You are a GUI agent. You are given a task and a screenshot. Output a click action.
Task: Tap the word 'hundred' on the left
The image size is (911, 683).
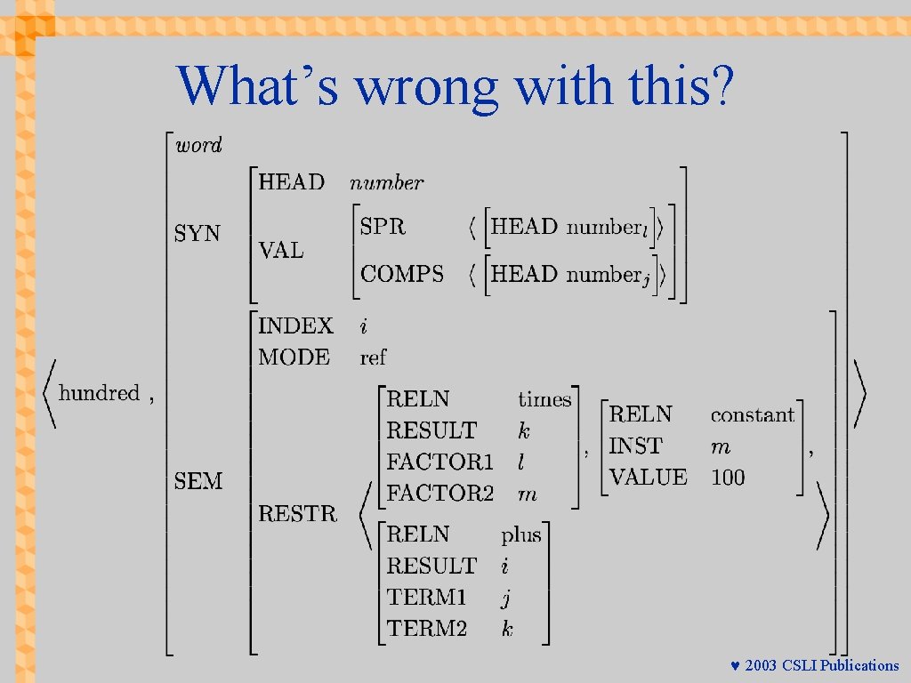point(99,393)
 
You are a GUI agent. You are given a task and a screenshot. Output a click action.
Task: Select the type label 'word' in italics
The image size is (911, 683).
point(198,146)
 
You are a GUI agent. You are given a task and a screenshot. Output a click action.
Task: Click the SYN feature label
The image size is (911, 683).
point(198,233)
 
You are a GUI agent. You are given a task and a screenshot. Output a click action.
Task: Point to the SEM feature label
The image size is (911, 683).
point(198,481)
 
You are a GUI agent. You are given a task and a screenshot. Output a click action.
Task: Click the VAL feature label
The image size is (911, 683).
point(281,251)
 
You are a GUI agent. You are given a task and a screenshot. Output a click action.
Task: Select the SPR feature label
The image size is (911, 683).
point(383,227)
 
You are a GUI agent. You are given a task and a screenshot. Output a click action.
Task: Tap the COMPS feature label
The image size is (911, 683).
point(402,274)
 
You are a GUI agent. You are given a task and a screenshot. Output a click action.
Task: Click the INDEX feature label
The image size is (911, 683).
point(295,326)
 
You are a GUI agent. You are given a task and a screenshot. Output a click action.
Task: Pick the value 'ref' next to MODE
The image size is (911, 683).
point(373,358)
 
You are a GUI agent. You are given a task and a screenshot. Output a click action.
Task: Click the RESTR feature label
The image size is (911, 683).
point(298,513)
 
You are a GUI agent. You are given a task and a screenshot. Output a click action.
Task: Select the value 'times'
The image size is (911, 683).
point(544,399)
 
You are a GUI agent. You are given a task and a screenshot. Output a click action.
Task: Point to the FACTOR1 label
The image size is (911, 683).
point(439,462)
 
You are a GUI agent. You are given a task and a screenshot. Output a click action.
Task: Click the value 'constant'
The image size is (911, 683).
point(752,414)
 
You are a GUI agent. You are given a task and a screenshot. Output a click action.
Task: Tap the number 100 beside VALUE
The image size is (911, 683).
point(728,478)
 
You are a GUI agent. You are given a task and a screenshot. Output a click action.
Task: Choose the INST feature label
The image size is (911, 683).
point(635,446)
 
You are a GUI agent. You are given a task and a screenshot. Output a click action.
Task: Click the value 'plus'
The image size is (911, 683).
point(520,534)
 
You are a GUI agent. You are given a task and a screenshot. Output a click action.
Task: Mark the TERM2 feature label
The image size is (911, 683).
point(427,629)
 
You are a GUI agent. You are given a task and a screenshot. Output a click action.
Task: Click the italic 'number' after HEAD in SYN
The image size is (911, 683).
point(386,183)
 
